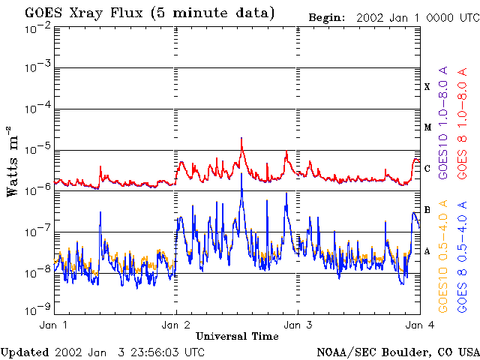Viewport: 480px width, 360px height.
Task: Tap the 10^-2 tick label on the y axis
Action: tap(37, 28)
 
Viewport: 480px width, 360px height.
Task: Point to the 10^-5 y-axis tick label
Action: tap(37, 150)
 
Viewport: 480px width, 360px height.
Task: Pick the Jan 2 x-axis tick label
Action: tap(176, 325)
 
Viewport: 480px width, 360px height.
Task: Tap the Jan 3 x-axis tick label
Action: tap(298, 325)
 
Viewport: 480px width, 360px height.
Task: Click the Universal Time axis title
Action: tap(237, 336)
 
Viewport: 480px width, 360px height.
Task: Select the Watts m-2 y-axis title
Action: tap(13, 170)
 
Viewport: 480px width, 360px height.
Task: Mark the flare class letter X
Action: tap(427, 87)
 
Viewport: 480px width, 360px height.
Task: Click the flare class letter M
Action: tap(427, 127)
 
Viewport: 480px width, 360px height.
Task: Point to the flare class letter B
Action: tap(427, 210)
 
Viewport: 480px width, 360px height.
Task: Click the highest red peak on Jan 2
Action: tap(241, 138)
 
